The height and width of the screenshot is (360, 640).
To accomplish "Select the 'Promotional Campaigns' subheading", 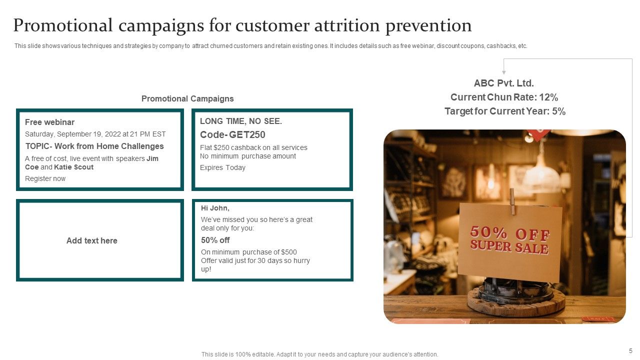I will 187,98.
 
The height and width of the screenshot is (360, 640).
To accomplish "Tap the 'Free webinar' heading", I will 49,122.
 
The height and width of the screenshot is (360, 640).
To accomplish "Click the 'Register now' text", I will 45,178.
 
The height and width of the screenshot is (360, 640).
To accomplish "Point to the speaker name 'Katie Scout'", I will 73,167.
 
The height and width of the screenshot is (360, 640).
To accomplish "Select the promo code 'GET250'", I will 247,134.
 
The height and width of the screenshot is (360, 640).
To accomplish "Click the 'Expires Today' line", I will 222,167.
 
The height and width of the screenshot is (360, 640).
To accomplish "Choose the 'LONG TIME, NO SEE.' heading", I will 241,121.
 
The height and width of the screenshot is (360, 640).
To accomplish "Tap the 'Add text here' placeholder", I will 92,240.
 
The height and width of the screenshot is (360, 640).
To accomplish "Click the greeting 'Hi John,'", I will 215,208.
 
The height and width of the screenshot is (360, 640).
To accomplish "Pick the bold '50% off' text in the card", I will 215,240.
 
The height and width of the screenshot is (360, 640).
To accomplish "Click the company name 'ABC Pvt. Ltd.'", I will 504,83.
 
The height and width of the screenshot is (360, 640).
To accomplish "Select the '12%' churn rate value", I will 548,97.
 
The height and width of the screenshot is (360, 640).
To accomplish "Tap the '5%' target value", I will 558,111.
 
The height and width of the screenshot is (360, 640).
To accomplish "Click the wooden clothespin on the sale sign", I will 512,200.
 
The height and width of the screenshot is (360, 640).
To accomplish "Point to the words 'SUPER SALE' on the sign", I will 509,246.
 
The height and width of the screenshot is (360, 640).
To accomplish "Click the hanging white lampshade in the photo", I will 541,177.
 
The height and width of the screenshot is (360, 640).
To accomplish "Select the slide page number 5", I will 630,351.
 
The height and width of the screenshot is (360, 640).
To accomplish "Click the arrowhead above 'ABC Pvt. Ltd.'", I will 504,72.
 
